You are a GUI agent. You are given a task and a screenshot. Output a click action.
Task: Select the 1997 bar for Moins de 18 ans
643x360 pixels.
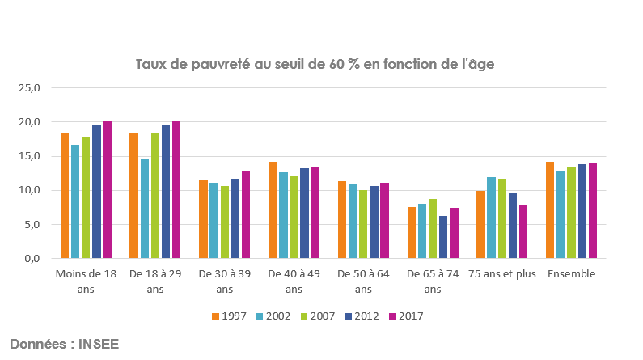click(x=65, y=196)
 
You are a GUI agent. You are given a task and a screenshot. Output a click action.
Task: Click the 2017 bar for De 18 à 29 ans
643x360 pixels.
click(x=176, y=190)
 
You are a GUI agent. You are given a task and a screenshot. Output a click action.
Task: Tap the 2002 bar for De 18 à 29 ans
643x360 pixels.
click(x=145, y=209)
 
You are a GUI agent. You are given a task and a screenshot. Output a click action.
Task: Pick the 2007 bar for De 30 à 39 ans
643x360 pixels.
click(x=225, y=222)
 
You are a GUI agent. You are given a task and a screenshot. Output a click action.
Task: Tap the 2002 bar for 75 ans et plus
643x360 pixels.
click(x=491, y=218)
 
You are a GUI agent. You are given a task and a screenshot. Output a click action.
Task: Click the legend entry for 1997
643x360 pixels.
click(x=227, y=316)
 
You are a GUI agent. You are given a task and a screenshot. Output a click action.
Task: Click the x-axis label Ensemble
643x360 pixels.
click(x=571, y=274)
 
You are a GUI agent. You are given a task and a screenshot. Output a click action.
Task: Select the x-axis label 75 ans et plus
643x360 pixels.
click(x=501, y=274)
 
